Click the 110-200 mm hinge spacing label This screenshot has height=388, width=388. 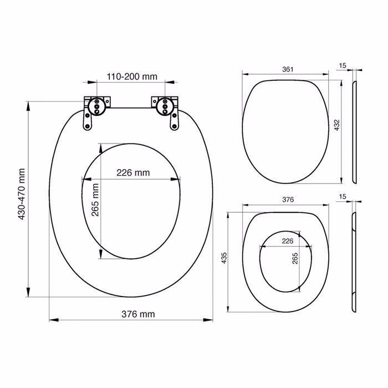pos(132,76)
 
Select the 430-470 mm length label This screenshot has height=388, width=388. pos(22,194)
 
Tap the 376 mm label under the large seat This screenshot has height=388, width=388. pos(138,314)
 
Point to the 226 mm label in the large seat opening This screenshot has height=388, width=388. pos(133,172)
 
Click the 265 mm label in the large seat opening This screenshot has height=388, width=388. pos(95,200)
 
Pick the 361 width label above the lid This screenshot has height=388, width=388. pos(288,69)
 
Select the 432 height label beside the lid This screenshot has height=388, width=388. pos(337,125)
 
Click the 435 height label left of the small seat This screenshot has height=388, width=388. pos(224,258)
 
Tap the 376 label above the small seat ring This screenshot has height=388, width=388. pos(288,200)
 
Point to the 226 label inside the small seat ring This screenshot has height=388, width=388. pos(288,241)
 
